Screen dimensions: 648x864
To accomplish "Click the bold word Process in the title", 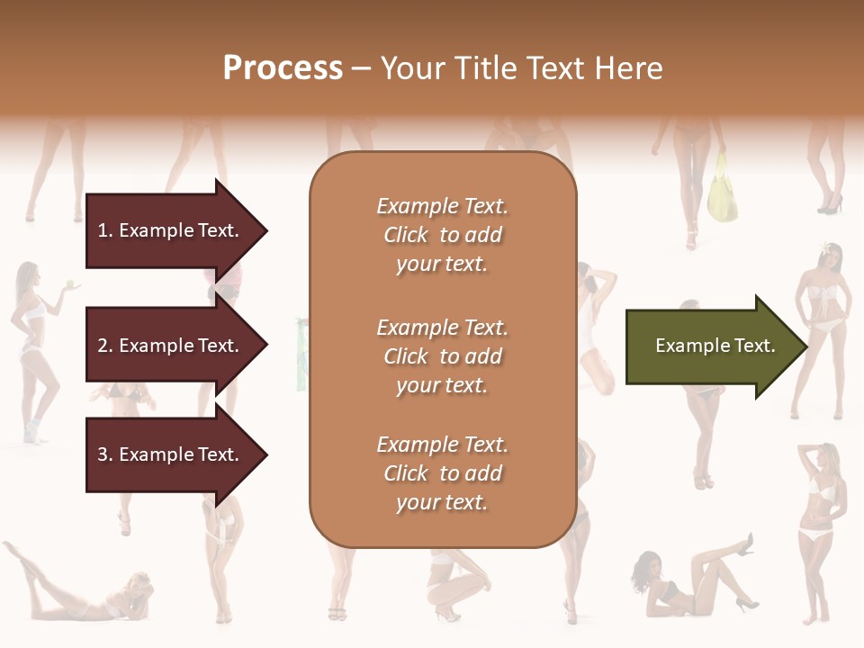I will click(x=283, y=68).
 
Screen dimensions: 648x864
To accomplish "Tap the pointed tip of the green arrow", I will click(x=805, y=346).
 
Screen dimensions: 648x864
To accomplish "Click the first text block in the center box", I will click(x=442, y=235).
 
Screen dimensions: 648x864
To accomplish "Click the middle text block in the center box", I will click(x=442, y=355).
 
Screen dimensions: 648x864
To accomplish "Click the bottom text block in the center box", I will click(x=442, y=473).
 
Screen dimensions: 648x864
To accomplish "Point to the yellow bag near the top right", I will click(x=722, y=191).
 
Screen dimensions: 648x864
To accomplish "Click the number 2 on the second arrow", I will click(x=102, y=346).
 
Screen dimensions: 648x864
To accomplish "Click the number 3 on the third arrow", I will click(x=102, y=454).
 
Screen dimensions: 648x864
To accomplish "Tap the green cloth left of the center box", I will click(x=301, y=355).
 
